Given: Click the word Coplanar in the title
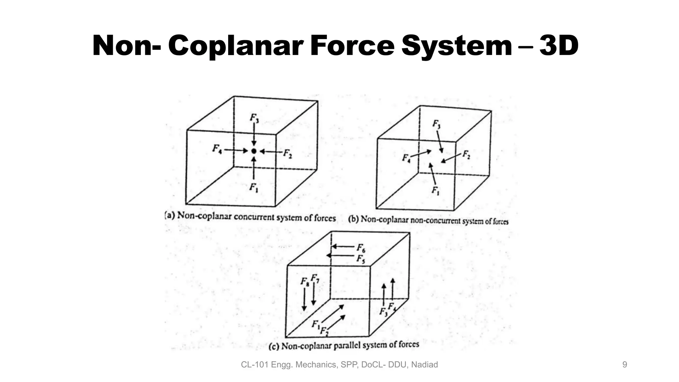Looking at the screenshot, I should point(236,46).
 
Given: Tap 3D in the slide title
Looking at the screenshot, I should point(559,46).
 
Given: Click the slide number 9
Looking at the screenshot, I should point(625,365).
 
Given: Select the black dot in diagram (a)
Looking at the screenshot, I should point(254,151).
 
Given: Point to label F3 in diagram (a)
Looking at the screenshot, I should point(254,118).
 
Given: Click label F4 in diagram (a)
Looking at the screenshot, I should point(217,149).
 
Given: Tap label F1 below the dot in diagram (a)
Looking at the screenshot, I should point(254,188).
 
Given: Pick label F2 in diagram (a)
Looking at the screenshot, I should point(287,154).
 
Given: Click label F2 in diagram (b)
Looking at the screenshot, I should point(466,155).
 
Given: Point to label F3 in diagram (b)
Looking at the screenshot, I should point(437,124).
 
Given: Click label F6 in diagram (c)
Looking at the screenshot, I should point(361,248).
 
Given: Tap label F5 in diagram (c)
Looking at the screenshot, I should point(361,259).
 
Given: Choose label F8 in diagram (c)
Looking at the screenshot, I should point(305,282).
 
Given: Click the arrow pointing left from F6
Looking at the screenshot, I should point(343,246).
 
